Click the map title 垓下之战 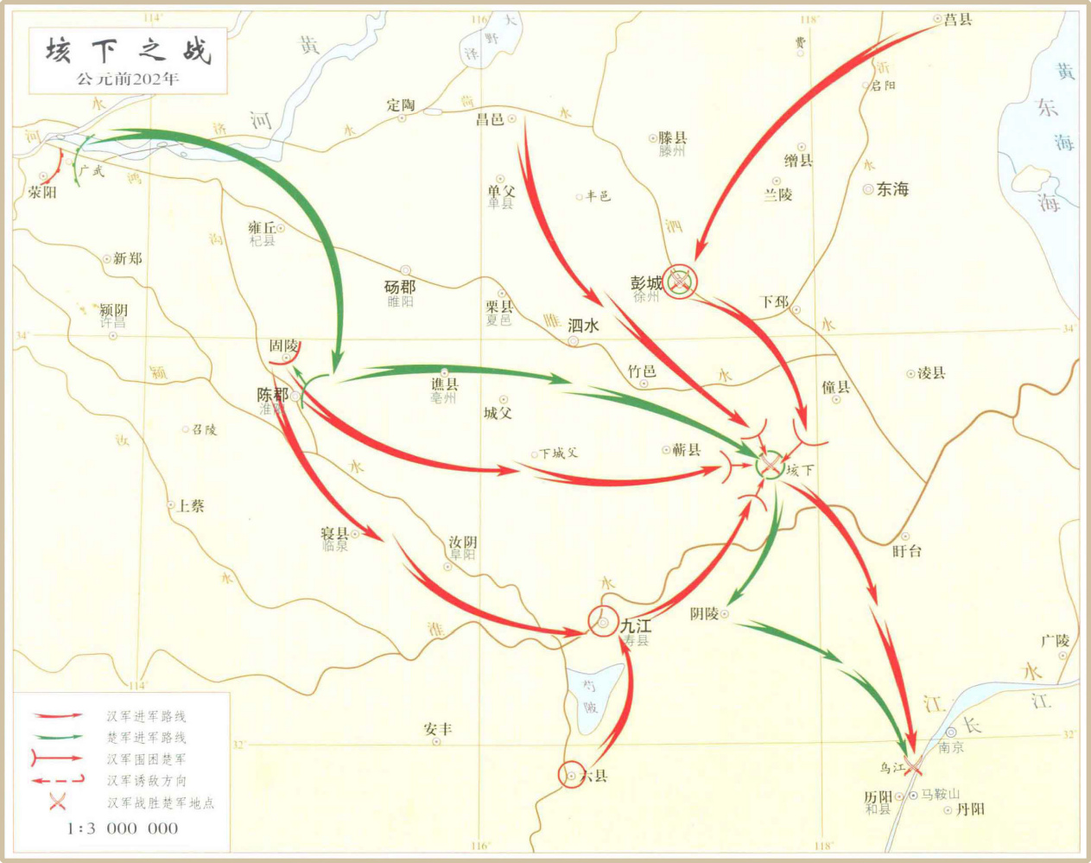click(128, 51)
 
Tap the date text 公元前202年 click(127, 79)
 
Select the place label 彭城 click(646, 282)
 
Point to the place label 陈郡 click(273, 394)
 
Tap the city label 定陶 click(401, 105)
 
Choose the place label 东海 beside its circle click(892, 189)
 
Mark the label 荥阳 click(42, 193)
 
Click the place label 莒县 click(958, 20)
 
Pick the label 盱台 click(907, 550)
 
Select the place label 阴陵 click(704, 613)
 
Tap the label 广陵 click(1055, 640)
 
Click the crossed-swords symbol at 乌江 click(913, 764)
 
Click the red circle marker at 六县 click(571, 776)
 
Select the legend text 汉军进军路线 click(146, 716)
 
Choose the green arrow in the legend click(58, 737)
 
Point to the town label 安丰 click(437, 730)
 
